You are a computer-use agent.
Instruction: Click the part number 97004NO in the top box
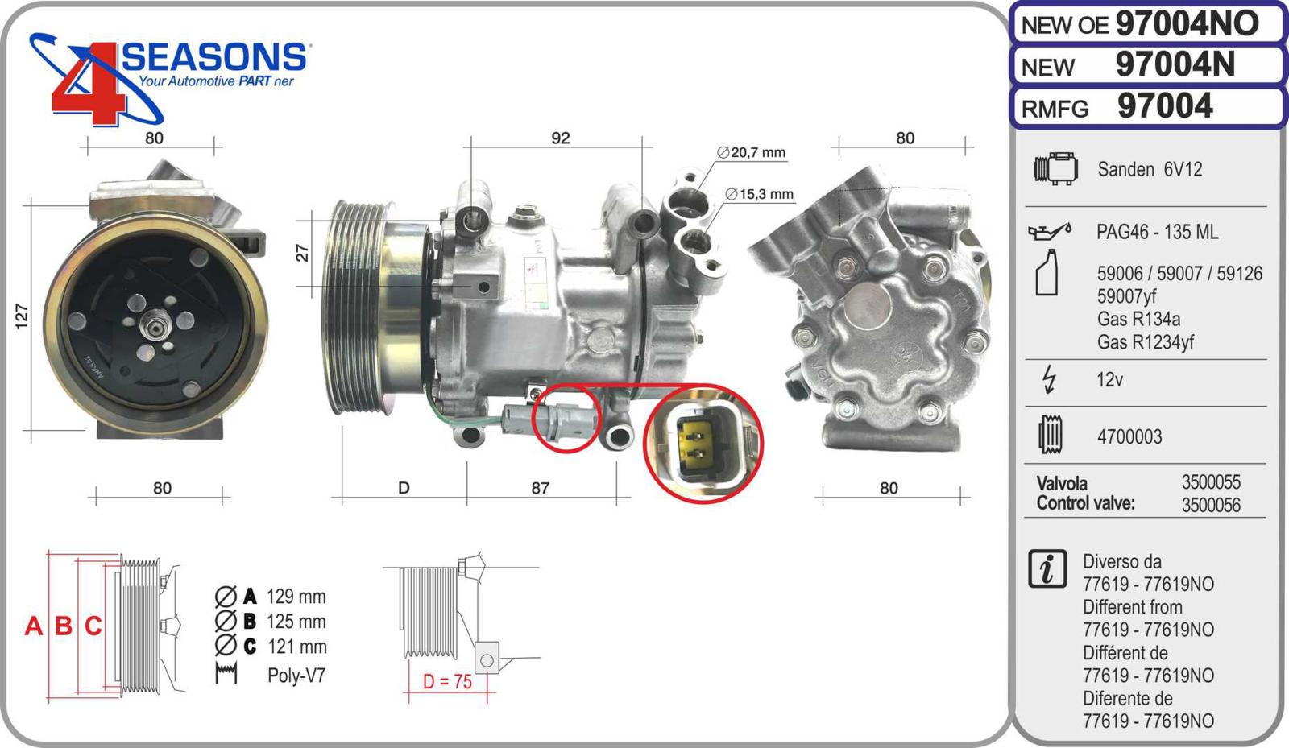click(1187, 24)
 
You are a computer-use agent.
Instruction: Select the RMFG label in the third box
click(1055, 109)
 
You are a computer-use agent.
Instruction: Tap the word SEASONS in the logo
click(214, 57)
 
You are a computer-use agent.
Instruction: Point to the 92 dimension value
click(561, 138)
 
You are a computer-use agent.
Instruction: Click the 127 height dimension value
click(21, 316)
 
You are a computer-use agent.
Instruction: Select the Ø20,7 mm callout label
click(751, 152)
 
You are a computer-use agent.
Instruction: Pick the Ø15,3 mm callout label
click(759, 194)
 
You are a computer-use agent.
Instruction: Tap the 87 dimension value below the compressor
click(540, 488)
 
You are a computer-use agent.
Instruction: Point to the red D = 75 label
click(447, 682)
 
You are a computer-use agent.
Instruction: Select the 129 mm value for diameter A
click(296, 597)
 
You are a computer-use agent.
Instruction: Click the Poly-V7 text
click(296, 675)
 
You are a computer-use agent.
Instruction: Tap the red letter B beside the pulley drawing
click(64, 626)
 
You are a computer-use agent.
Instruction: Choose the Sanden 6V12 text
click(1150, 170)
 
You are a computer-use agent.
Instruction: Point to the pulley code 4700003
click(1129, 437)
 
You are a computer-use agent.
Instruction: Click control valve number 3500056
click(1212, 505)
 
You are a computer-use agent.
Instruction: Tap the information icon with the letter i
click(1047, 569)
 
